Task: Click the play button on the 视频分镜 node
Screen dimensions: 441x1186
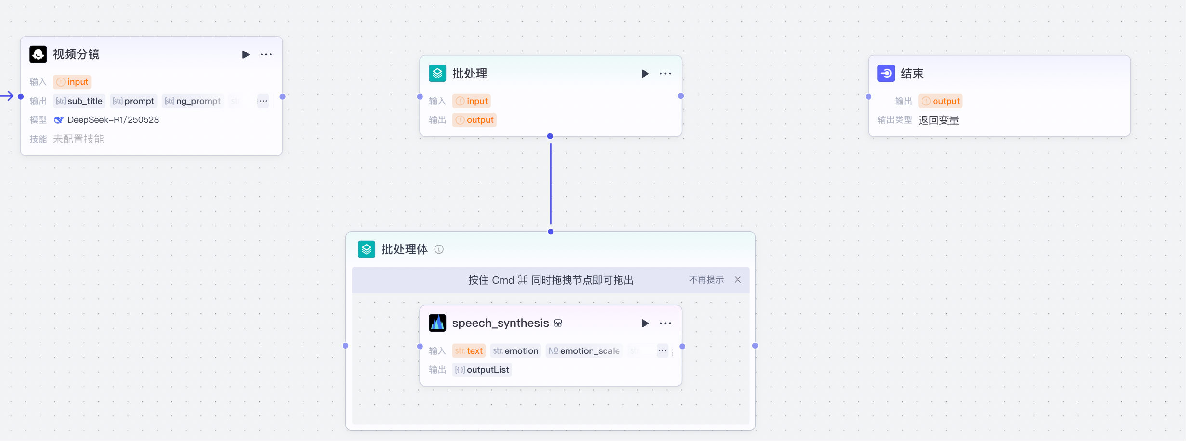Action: point(246,55)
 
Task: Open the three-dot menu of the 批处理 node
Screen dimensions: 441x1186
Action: point(665,74)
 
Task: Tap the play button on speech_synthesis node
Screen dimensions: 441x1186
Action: point(645,324)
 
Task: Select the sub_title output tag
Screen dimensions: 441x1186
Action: point(79,101)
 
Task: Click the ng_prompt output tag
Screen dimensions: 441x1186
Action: point(193,101)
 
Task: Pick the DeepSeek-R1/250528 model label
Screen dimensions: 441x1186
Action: point(113,120)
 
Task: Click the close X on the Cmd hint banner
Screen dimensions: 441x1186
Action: point(738,280)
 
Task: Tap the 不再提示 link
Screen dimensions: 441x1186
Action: point(706,280)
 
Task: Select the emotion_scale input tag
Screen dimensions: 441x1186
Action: point(584,351)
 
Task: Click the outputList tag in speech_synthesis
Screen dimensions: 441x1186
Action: point(482,370)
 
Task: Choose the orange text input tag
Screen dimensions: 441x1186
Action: point(469,351)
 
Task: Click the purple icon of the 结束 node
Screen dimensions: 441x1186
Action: point(885,74)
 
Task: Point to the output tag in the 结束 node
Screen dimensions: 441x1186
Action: point(940,101)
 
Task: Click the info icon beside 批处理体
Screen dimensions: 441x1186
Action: point(439,249)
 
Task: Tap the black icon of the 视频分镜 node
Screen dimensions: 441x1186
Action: point(38,54)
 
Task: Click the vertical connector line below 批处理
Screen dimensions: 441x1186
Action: point(551,183)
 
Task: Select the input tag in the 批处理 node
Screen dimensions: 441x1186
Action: point(472,101)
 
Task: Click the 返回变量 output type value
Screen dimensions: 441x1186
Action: point(938,120)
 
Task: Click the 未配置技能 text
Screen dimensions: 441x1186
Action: point(79,139)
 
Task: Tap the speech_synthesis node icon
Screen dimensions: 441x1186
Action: point(437,323)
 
